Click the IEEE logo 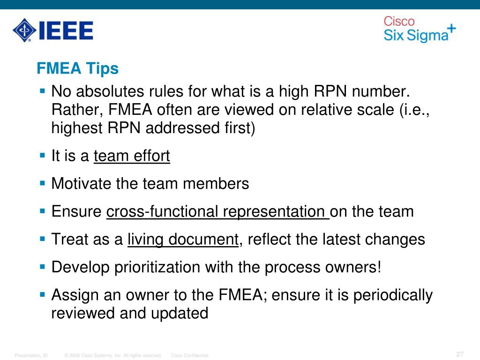click(52, 30)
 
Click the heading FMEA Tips click(78, 69)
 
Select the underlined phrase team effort click(132, 156)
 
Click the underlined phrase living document click(183, 240)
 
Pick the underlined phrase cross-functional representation click(217, 211)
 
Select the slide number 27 click(459, 354)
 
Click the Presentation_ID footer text click(31, 355)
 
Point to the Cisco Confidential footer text click(190, 355)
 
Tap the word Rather click(77, 110)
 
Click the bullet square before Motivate click(42, 182)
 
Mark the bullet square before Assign click(42, 294)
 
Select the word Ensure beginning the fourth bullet click(77, 211)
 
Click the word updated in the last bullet click(180, 313)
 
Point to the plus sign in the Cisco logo click(451, 28)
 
